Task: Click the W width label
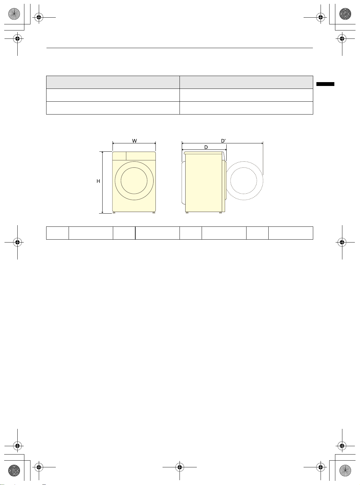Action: click(134, 141)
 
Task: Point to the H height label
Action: click(98, 181)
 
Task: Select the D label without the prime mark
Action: click(206, 147)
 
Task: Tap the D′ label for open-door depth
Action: click(223, 141)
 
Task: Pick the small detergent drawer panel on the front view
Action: click(119, 156)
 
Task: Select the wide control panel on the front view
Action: click(141, 156)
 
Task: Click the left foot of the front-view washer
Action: click(114, 213)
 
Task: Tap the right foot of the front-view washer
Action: click(154, 213)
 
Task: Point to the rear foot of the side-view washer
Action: click(187, 213)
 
